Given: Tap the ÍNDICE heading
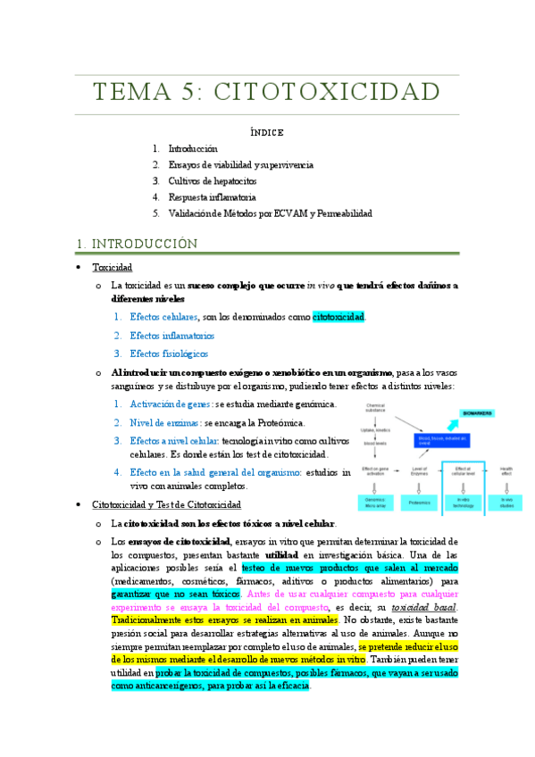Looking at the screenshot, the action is tap(267, 132).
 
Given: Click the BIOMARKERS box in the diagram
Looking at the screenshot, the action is tap(483, 413).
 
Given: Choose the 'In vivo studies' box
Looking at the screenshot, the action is tap(506, 502).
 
